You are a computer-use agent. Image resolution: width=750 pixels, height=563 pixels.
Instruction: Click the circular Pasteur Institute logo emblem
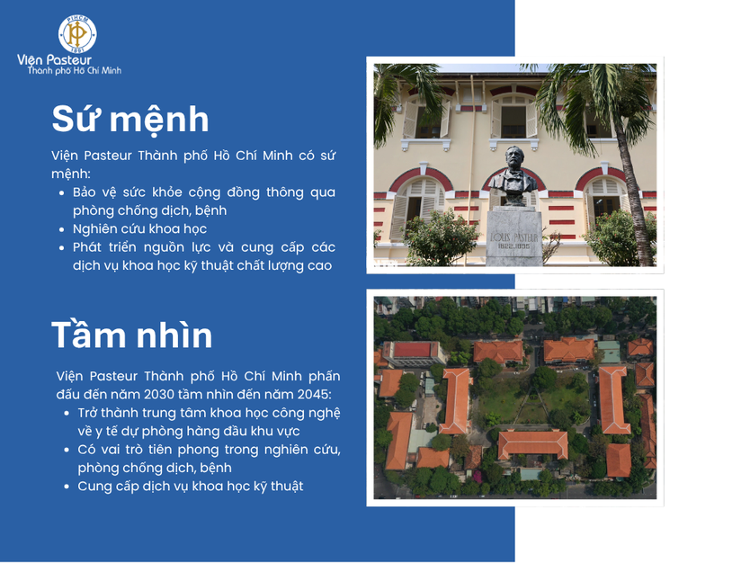click(77, 34)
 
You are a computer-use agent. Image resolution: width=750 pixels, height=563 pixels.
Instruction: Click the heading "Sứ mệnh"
click(130, 120)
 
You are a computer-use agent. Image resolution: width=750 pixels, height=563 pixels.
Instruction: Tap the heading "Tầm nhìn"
click(131, 335)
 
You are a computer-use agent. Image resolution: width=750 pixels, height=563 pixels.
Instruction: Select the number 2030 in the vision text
click(158, 395)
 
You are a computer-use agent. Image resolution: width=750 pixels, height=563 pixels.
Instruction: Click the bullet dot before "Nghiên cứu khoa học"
click(62, 229)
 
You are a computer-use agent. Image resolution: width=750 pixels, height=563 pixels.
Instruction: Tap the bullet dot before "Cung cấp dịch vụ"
click(67, 487)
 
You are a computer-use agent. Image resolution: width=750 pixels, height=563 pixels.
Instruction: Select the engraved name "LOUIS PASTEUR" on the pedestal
click(514, 237)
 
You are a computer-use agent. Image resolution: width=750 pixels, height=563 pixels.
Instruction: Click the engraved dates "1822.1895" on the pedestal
click(513, 246)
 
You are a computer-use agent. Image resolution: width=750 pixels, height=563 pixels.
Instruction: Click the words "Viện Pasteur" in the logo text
click(54, 60)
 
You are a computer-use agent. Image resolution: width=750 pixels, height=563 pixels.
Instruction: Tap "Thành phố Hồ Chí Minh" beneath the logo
click(74, 71)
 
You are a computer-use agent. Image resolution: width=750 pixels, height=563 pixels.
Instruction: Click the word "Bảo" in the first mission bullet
click(85, 192)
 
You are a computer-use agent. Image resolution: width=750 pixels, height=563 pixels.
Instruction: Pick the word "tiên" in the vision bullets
click(160, 450)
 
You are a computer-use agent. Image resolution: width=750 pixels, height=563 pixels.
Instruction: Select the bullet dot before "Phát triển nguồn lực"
click(62, 248)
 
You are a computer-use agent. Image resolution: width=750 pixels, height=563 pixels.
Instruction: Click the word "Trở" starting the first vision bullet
click(87, 413)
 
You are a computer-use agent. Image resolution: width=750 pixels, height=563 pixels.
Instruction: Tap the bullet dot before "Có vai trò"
click(67, 450)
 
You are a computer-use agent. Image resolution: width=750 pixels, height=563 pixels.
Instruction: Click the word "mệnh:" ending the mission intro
click(71, 174)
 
